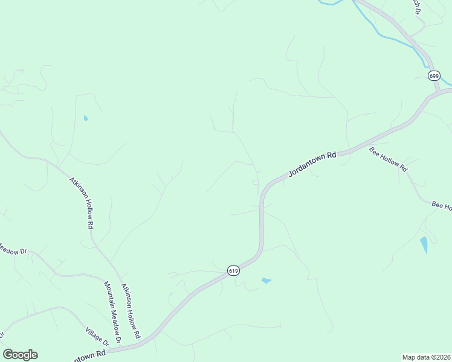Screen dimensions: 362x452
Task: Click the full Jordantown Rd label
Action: [311, 164]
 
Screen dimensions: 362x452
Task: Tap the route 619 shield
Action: [234, 271]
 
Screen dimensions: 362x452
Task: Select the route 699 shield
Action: [434, 75]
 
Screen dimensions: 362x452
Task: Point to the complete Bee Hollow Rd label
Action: [389, 160]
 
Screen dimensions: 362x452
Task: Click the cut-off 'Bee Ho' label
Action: [442, 206]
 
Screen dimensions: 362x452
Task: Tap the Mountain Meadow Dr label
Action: [112, 312]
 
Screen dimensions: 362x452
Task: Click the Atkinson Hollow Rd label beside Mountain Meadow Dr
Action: [131, 310]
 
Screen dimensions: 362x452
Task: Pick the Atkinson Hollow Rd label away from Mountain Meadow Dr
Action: [81, 202]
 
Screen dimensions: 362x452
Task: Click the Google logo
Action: [20, 354]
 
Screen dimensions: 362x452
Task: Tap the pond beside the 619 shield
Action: [265, 281]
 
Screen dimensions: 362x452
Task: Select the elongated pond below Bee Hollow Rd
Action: [424, 244]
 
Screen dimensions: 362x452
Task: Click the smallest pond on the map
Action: [86, 118]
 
